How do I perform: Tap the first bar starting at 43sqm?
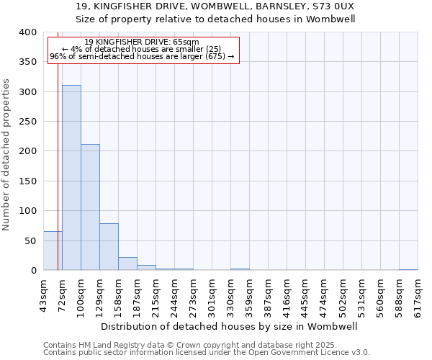coord(53,251)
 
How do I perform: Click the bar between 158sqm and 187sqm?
coord(127,264)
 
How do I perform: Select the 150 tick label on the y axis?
coord(26,181)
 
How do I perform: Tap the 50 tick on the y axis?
coord(30,241)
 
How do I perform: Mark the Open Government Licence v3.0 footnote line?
coord(207,353)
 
